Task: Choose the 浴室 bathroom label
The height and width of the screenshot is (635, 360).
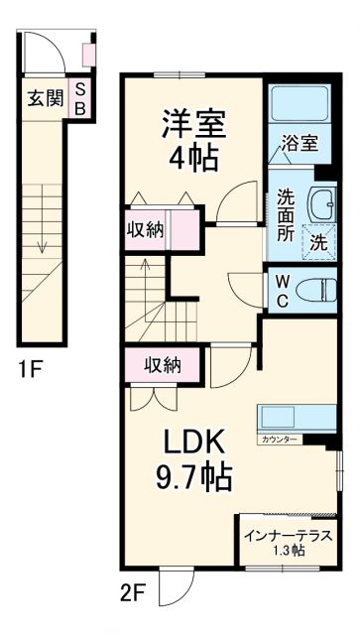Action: [x=299, y=143]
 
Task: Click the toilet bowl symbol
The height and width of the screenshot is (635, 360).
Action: [x=316, y=289]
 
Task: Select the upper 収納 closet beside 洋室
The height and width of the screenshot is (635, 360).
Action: [x=147, y=230]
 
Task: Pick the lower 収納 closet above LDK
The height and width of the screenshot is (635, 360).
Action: [x=159, y=364]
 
